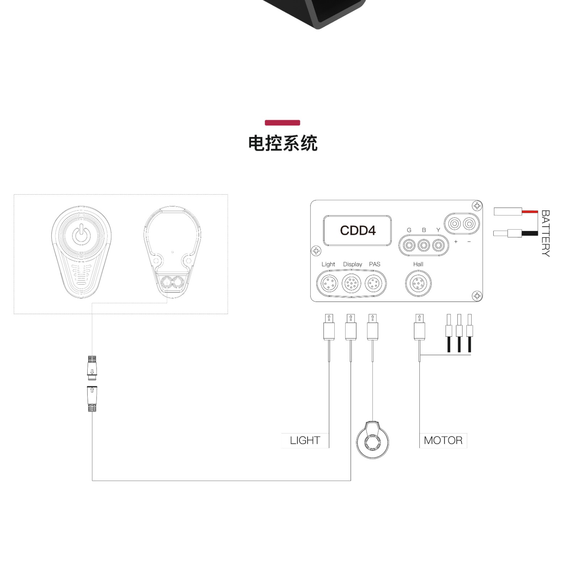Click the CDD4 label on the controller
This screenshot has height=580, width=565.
pyautogui.click(x=357, y=230)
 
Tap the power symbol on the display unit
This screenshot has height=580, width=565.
pyautogui.click(x=82, y=234)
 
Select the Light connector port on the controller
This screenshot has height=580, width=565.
pyautogui.click(x=329, y=283)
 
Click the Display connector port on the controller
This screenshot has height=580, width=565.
pyautogui.click(x=351, y=283)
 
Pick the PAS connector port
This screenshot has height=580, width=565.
pyautogui.click(x=373, y=283)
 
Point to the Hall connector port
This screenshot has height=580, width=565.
pyautogui.click(x=418, y=283)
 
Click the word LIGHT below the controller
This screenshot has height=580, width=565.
pyautogui.click(x=305, y=440)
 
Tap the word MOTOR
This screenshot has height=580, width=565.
pyautogui.click(x=443, y=440)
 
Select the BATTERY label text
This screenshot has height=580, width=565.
pyautogui.click(x=545, y=233)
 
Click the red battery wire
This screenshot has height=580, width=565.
pyautogui.click(x=530, y=212)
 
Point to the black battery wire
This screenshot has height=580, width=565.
pyautogui.click(x=530, y=233)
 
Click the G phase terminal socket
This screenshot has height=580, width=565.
pyautogui.click(x=409, y=245)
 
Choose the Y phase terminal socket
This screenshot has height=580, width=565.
pyautogui.click(x=438, y=245)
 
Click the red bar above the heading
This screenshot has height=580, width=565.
pyautogui.click(x=282, y=123)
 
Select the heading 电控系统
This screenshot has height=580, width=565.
pyautogui.click(x=283, y=143)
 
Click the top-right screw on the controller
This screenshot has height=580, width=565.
pyautogui.click(x=477, y=206)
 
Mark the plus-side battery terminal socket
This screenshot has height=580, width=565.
pyautogui.click(x=454, y=224)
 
